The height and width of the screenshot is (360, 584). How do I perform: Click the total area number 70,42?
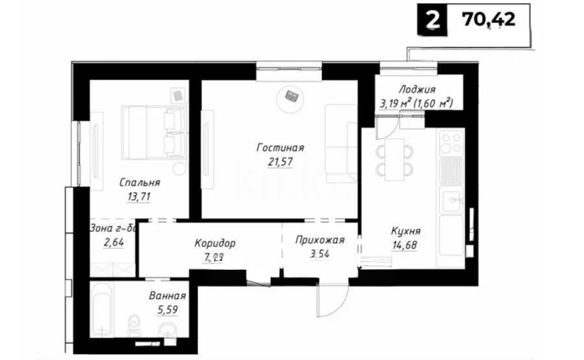(489, 20)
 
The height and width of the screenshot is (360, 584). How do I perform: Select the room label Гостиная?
(280, 148)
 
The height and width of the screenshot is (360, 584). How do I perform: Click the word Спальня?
(140, 182)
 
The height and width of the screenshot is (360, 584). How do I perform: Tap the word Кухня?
(406, 231)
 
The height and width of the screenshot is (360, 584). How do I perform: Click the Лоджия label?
(417, 90)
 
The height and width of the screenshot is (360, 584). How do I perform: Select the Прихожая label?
(319, 240)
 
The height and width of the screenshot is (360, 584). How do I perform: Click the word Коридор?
(215, 244)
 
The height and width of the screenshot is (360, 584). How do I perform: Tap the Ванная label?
(167, 296)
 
